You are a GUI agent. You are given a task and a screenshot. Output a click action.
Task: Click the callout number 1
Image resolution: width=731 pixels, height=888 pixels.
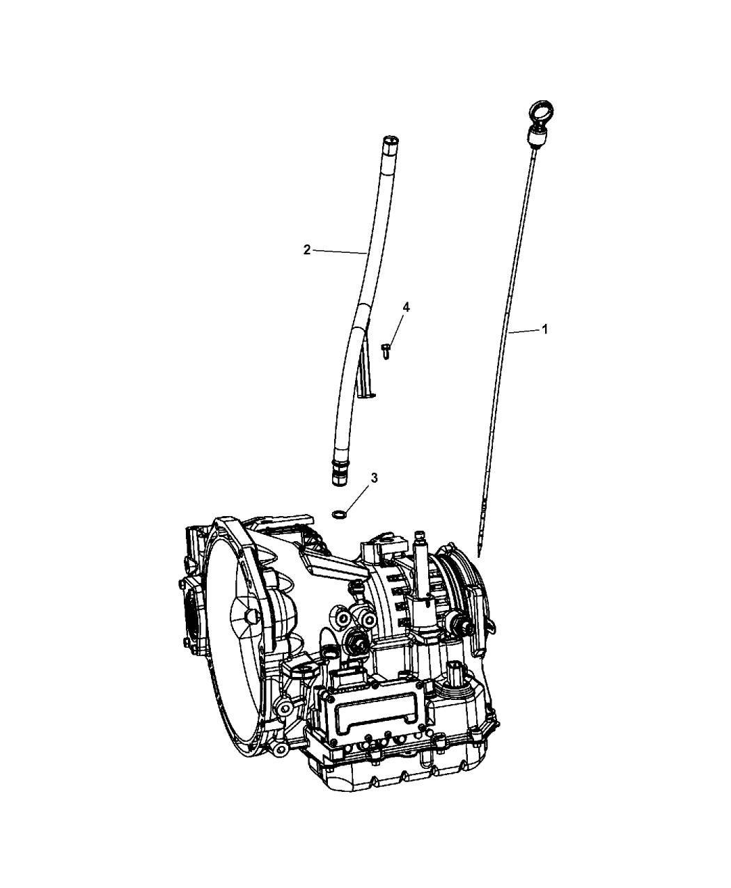544,329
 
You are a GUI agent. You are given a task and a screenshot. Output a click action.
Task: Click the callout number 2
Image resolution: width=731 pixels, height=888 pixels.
307,249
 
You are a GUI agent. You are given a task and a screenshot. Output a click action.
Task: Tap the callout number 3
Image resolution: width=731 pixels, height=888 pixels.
375,478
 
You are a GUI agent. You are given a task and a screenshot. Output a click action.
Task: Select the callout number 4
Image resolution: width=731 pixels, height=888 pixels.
406,307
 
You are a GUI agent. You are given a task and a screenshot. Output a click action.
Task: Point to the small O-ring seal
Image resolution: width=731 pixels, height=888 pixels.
339,515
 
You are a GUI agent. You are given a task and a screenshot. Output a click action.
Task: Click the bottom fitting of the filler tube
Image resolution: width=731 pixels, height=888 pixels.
339,472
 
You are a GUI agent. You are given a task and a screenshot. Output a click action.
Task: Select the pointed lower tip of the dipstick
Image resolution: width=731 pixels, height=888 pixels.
479,554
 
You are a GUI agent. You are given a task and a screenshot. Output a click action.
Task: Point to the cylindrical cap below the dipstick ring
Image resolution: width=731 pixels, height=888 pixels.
535,137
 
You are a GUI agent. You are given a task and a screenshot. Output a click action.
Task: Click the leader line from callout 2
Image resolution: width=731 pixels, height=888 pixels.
340,251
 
